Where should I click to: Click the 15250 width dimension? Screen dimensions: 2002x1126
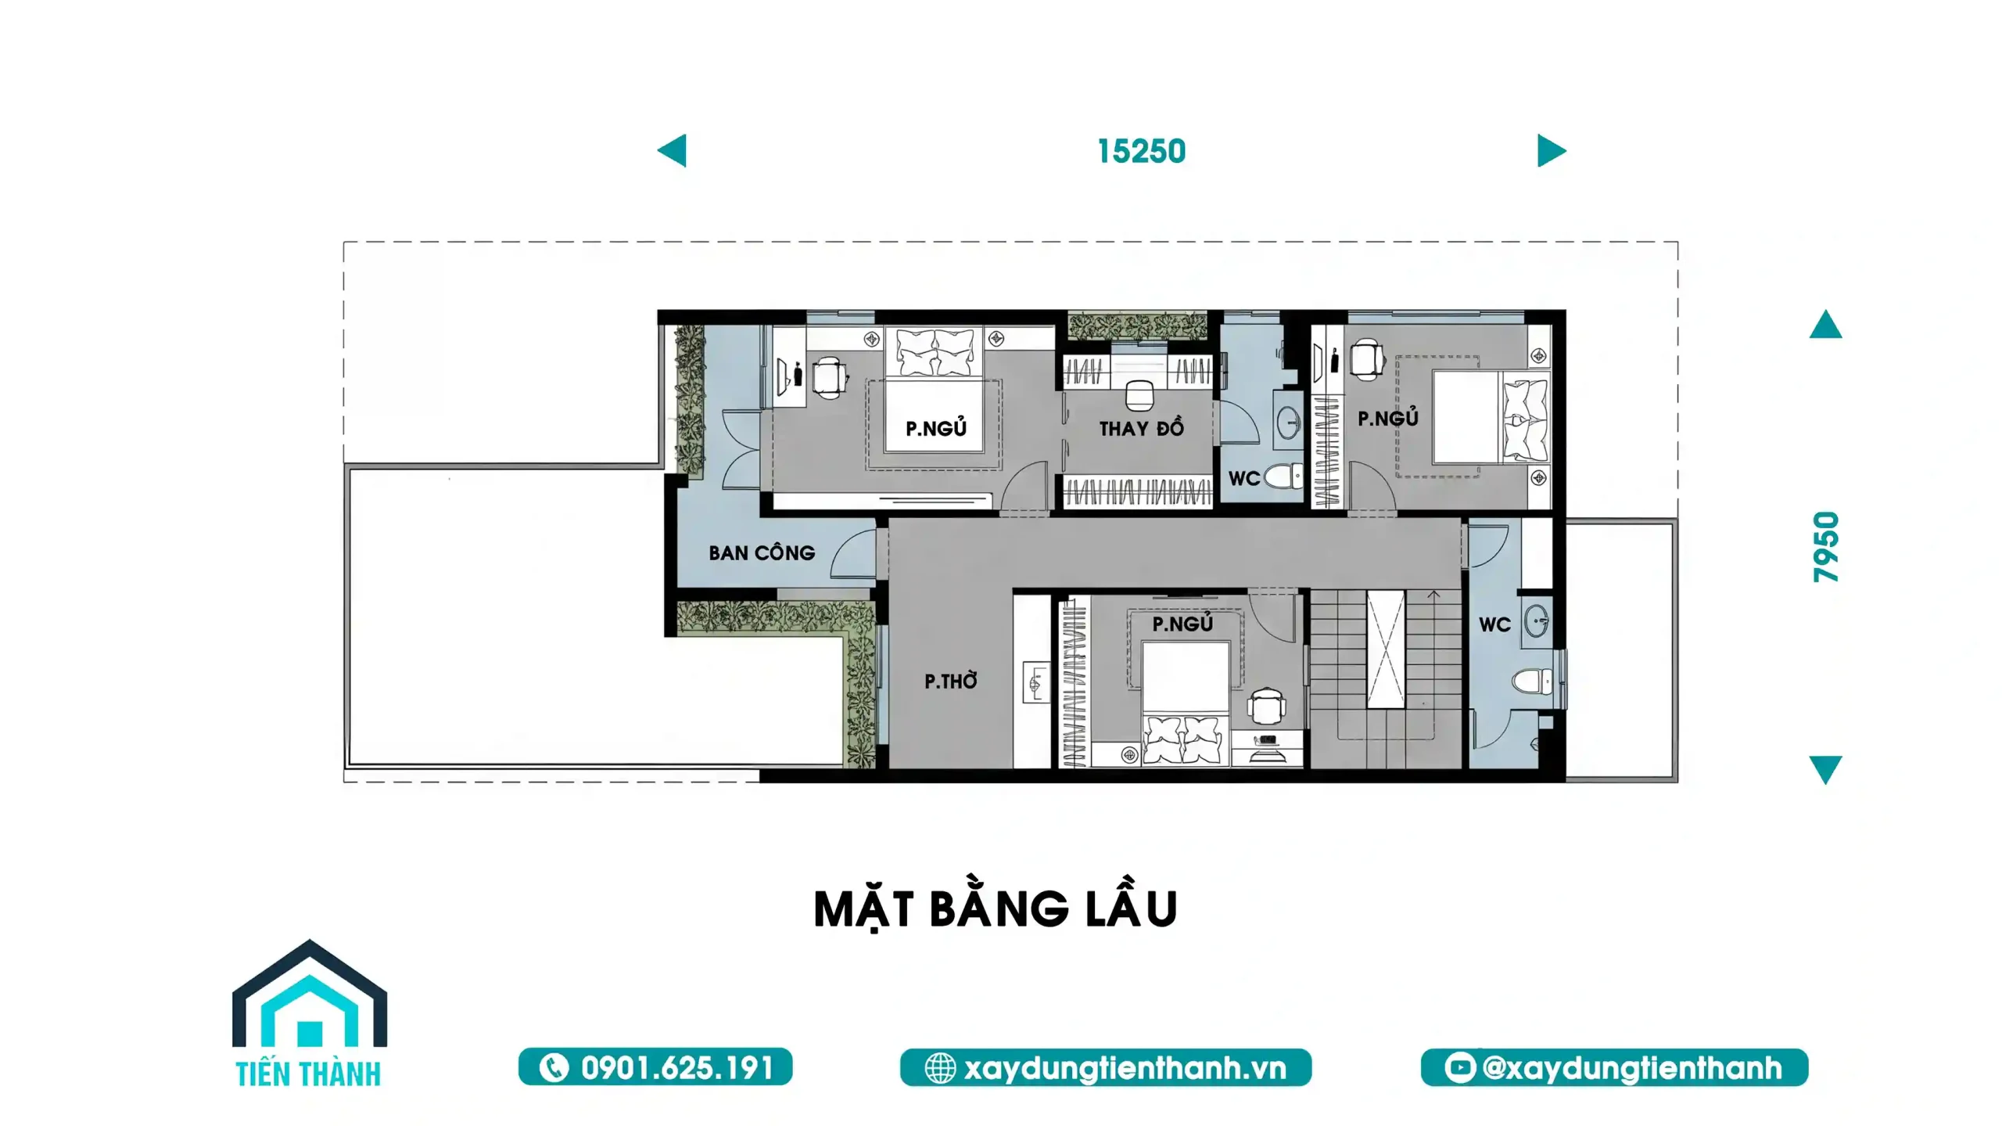click(1141, 151)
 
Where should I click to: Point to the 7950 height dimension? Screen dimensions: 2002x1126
click(1826, 547)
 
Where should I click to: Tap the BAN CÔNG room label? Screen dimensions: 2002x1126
click(762, 552)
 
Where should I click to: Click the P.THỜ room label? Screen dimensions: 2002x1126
click(951, 681)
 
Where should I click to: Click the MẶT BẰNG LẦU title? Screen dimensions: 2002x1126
click(995, 908)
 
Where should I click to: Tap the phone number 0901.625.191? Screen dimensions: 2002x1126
click(677, 1068)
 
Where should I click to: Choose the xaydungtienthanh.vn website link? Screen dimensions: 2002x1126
click(1125, 1068)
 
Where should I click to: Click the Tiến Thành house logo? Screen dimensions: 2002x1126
click(309, 1013)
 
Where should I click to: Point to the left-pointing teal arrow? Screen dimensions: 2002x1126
click(672, 150)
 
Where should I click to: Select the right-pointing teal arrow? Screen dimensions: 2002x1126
click(1552, 150)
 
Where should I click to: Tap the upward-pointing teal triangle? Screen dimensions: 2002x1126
click(1826, 324)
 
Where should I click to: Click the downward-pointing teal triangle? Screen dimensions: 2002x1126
click(1826, 769)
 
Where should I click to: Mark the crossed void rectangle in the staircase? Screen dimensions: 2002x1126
click(1386, 649)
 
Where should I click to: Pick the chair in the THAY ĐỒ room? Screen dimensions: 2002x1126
click(1139, 395)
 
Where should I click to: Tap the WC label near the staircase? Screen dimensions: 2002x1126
click(1494, 624)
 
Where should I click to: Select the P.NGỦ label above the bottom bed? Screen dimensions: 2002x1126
click(1182, 623)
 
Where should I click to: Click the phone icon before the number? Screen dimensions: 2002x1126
click(554, 1068)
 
